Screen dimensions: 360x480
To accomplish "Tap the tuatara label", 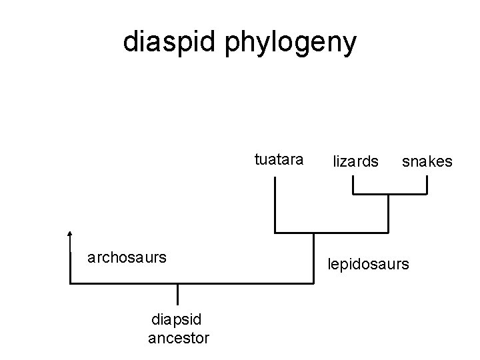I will (279, 160).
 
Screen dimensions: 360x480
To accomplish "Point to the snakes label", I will (426, 162).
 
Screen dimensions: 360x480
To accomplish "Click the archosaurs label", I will (127, 257).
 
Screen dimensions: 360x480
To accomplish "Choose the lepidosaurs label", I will (367, 265).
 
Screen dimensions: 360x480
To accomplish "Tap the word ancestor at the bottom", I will (179, 339).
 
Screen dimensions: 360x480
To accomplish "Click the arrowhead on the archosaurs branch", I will (70, 235).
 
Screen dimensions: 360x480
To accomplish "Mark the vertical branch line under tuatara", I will (275, 207).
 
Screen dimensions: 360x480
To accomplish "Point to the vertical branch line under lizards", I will (353, 185).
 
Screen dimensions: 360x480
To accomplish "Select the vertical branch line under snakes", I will (426, 185).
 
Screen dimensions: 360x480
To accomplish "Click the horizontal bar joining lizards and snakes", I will (389, 194).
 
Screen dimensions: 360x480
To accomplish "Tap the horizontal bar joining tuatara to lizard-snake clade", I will (331, 233).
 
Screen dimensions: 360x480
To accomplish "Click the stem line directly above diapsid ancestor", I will (178, 295).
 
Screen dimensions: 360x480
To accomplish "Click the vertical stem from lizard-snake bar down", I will (387, 213).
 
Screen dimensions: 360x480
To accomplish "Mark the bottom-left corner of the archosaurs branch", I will (70, 283).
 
